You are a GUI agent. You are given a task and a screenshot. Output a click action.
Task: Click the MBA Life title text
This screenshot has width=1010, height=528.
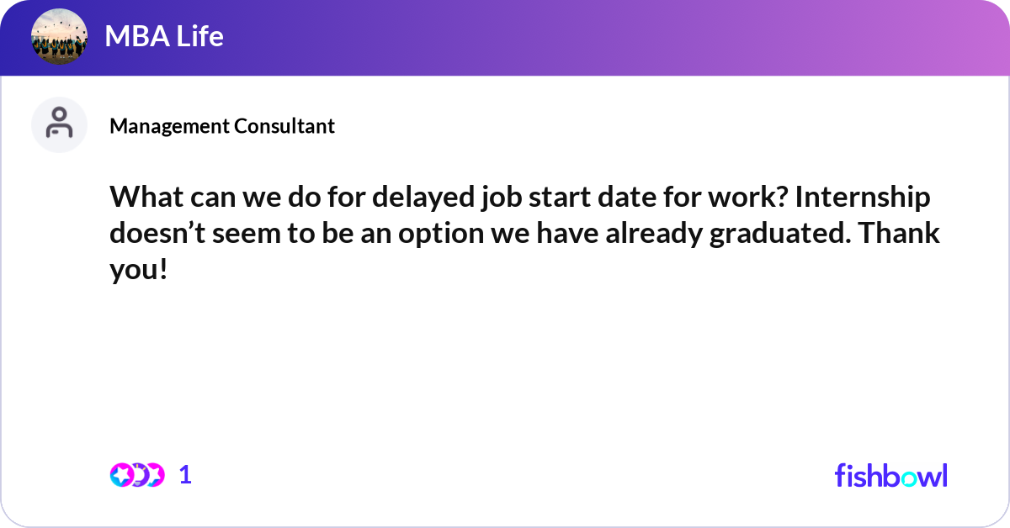point(164,36)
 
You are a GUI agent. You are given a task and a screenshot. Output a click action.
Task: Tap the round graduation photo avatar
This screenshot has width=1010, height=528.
point(59,36)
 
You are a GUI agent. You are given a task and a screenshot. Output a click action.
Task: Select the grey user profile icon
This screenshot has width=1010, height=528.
point(59,124)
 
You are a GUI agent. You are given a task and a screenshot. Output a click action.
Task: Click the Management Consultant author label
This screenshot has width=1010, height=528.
point(222,126)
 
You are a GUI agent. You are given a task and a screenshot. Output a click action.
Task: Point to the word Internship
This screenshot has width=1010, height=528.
point(863,197)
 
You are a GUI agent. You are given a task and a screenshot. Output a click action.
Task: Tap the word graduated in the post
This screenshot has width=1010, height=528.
point(780,235)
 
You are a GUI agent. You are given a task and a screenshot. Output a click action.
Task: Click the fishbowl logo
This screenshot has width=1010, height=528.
point(890,475)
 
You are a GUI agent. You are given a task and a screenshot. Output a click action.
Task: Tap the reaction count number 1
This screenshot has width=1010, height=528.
point(185,475)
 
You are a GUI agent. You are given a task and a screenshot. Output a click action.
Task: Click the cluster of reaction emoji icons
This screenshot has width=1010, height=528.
point(137,475)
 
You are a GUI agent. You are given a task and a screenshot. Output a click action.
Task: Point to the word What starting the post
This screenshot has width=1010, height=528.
point(146,197)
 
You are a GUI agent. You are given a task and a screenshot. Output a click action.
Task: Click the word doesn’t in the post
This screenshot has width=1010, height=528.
point(157,234)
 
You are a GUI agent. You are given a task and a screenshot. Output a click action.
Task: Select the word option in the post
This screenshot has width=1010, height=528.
point(441,235)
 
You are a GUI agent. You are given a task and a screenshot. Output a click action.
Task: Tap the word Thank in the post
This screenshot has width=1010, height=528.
point(899,233)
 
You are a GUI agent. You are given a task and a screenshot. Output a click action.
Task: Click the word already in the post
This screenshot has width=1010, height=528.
point(654,235)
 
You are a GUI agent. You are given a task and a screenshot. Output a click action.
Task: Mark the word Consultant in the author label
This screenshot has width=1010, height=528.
point(284,126)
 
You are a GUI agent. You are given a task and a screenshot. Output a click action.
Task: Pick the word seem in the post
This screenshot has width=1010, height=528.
point(247,234)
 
